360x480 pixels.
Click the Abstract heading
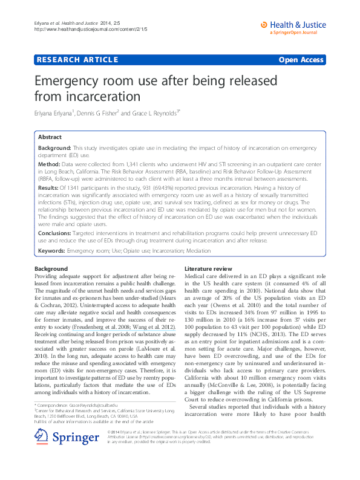coord(50,137)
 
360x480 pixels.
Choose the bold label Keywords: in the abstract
coord(52,249)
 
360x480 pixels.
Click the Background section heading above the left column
coord(51,268)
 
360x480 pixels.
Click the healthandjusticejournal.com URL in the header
coord(90,29)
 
